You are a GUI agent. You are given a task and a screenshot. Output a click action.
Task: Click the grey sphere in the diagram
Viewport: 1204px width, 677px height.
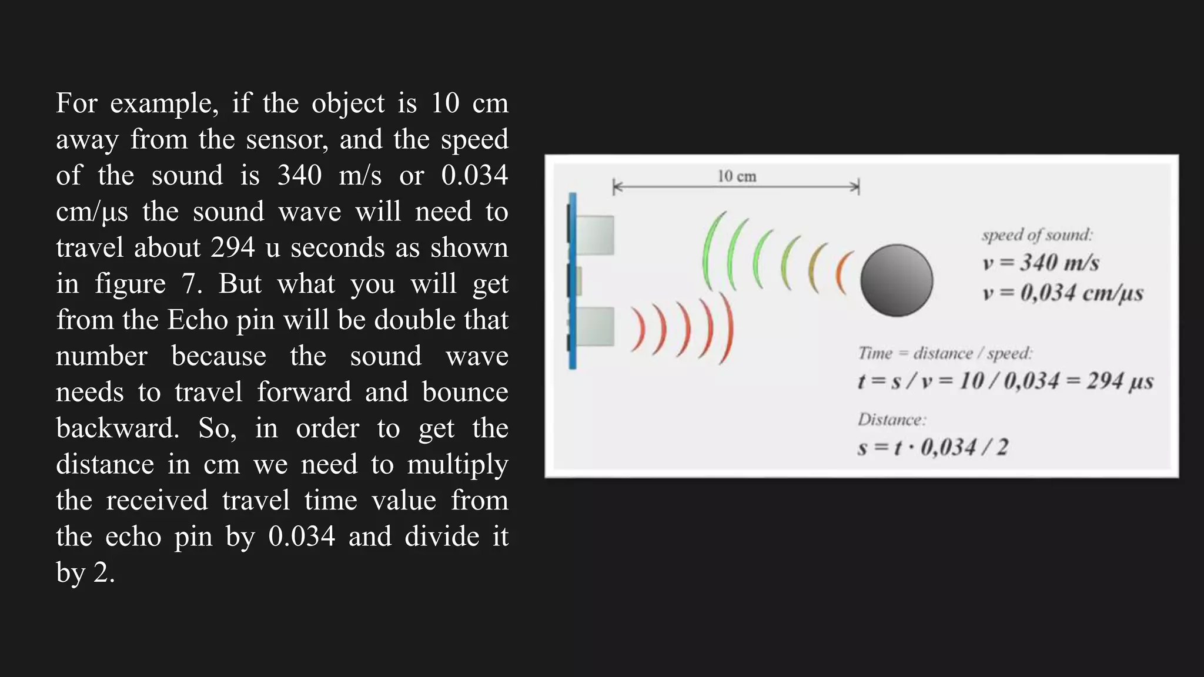click(897, 280)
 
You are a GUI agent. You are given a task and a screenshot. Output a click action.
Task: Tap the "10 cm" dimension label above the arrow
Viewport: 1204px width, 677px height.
click(737, 176)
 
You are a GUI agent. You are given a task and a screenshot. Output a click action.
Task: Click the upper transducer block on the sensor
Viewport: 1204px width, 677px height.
click(595, 235)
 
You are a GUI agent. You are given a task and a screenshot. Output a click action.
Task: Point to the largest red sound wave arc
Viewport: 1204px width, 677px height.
click(727, 329)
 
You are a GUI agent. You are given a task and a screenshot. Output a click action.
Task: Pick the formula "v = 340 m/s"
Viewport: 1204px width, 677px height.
click(1041, 263)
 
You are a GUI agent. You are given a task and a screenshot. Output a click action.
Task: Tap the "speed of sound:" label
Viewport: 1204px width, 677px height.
click(1037, 235)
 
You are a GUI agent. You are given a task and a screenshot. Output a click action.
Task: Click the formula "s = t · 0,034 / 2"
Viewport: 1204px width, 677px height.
click(933, 448)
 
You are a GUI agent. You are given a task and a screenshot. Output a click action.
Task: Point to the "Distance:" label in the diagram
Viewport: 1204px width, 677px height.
click(892, 420)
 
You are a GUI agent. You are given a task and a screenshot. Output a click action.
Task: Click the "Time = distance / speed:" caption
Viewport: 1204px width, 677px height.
click(945, 353)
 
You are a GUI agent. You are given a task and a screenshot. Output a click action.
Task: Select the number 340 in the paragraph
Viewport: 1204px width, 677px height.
click(299, 176)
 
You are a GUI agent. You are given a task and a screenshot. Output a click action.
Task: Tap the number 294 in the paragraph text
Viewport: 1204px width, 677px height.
click(233, 248)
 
